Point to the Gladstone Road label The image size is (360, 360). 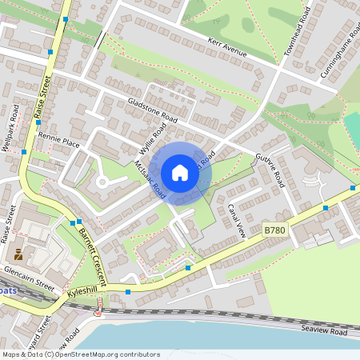coord(152,111)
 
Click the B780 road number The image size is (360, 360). coord(274,230)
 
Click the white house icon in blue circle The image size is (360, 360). coord(180,173)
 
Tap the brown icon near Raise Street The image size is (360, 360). coord(18,255)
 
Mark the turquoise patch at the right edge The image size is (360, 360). coord(352,128)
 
